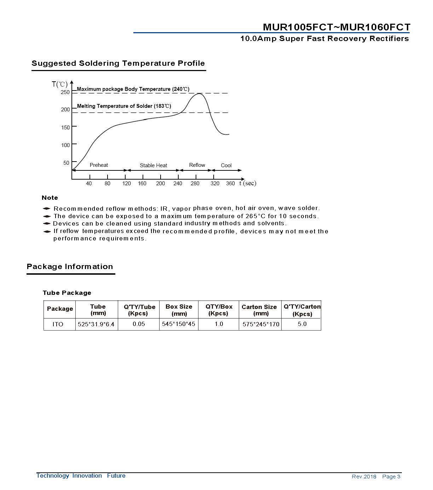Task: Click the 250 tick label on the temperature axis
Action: pyautogui.click(x=65, y=92)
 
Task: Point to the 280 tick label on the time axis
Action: pyautogui.click(x=195, y=183)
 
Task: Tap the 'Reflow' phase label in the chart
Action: pyautogui.click(x=197, y=165)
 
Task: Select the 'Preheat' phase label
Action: pyautogui.click(x=99, y=165)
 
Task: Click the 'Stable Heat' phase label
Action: pyautogui.click(x=153, y=165)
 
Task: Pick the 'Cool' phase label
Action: pyautogui.click(x=226, y=165)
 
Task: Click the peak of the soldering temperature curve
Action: pyautogui.click(x=199, y=94)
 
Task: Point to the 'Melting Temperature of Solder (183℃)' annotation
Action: pyautogui.click(x=124, y=106)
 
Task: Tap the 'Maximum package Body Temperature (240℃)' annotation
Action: pyautogui.click(x=133, y=89)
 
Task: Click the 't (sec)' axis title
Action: pyautogui.click(x=248, y=183)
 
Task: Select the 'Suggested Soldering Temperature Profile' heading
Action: pyautogui.click(x=118, y=63)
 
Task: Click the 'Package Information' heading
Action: pyautogui.click(x=70, y=267)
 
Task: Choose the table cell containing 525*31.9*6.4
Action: pyautogui.click(x=96, y=324)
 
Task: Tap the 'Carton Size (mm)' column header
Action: pyautogui.click(x=259, y=310)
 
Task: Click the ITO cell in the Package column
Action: pyautogui.click(x=58, y=324)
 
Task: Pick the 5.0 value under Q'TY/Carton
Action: pyautogui.click(x=302, y=324)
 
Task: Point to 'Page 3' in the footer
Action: pyautogui.click(x=391, y=477)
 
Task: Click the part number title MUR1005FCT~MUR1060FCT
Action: pyautogui.click(x=336, y=27)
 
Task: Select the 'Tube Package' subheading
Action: pyautogui.click(x=67, y=293)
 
